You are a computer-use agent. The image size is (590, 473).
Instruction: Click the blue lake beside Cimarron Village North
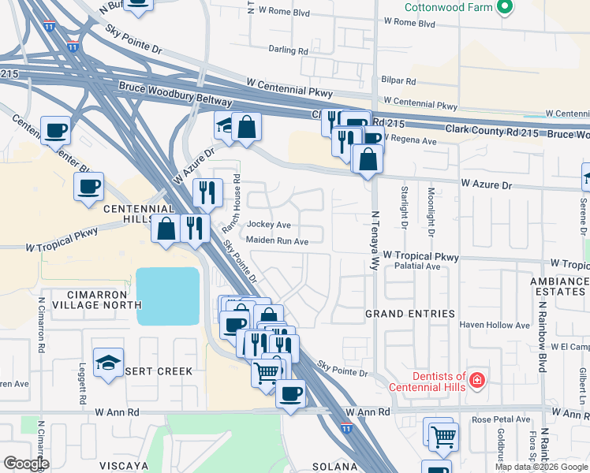168,296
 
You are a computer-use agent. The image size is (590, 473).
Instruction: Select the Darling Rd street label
288,50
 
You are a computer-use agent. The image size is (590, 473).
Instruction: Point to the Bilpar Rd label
398,80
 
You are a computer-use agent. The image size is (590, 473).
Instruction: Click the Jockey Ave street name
269,225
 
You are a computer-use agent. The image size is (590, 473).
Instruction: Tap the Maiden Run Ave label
277,241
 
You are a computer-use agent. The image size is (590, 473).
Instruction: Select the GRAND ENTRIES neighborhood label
409,314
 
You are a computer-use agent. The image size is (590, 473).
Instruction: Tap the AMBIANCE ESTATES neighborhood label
560,286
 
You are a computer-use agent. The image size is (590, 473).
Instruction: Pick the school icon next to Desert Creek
108,363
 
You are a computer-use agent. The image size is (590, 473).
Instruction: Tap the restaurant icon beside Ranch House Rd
207,192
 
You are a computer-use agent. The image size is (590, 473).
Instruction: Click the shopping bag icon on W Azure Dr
368,160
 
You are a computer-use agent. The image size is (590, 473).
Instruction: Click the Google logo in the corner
25,464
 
